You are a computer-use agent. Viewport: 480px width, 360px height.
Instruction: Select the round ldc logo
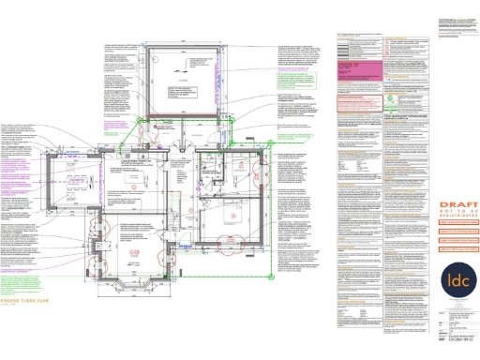[x=458, y=281]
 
